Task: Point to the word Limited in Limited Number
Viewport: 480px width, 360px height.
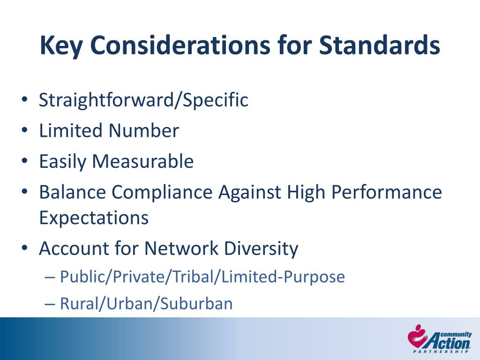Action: (71, 131)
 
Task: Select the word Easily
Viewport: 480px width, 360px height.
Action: (63, 162)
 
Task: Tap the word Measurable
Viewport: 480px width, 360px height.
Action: (143, 162)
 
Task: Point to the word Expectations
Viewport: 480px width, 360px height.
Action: (94, 217)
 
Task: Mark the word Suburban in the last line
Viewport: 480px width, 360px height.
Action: (196, 304)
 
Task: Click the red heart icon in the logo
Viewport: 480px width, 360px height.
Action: (416, 337)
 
